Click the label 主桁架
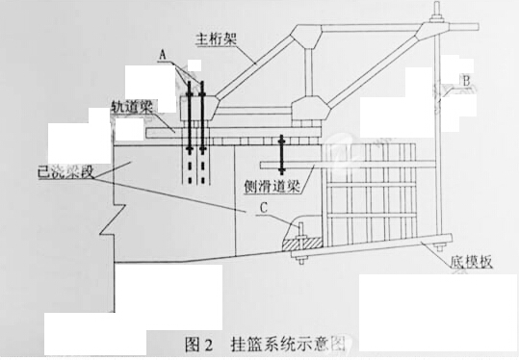coord(216,39)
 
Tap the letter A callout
coord(162,55)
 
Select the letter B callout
coord(466,81)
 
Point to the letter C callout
coord(264,208)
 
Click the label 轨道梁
coord(131,107)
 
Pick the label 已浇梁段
coord(65,172)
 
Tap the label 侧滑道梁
coord(272,187)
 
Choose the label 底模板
coord(472,262)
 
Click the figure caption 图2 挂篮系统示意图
coord(265,345)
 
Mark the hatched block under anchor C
coord(301,243)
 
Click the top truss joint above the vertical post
coord(306,36)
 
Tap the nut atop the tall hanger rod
coord(437,16)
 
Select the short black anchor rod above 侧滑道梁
coord(282,155)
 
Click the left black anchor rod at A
coord(190,117)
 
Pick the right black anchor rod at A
coord(202,117)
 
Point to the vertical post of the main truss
coord(308,72)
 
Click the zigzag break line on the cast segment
coord(114,219)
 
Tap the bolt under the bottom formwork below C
coord(301,258)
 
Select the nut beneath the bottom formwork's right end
coord(440,247)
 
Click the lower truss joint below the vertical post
coord(310,108)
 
